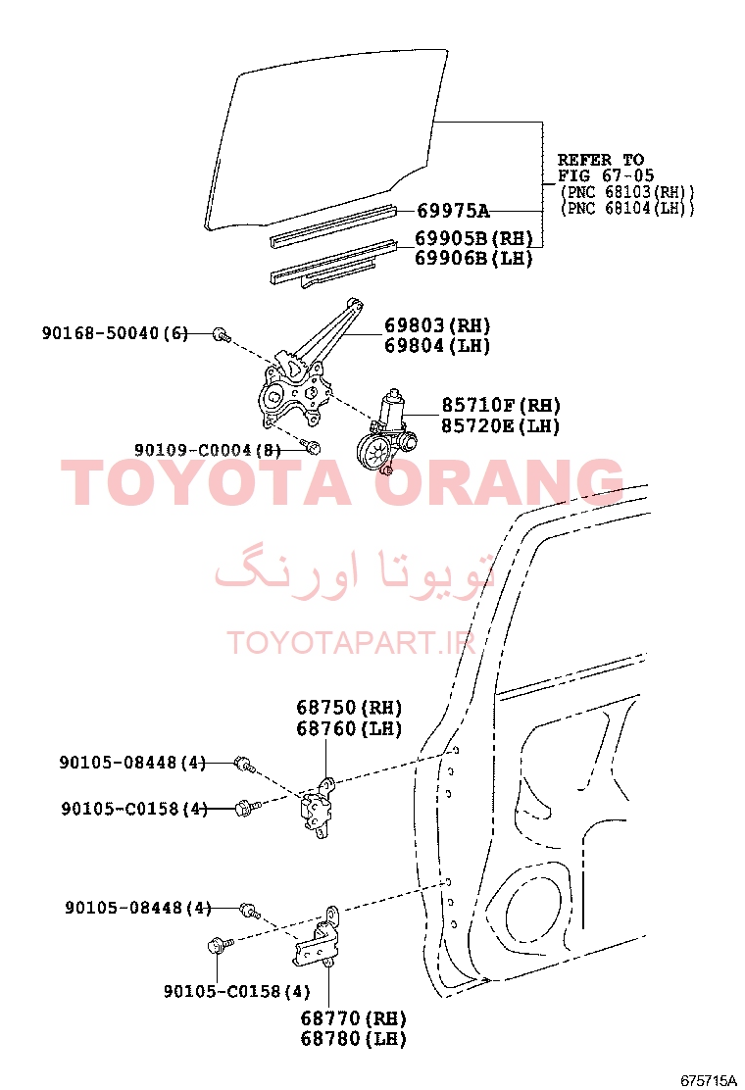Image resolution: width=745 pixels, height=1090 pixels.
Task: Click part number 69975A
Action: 453,210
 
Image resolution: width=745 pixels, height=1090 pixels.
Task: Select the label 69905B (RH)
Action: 474,238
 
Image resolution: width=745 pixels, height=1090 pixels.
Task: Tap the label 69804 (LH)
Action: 437,345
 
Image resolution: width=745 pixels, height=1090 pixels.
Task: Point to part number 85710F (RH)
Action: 501,405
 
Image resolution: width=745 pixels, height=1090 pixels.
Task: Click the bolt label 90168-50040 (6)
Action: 115,333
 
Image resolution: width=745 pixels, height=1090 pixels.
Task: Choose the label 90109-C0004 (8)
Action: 207,450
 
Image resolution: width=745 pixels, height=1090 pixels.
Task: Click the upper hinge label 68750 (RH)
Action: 350,708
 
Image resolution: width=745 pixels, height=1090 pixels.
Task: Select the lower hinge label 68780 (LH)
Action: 353,1039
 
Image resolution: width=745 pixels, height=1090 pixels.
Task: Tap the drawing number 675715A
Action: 708,1080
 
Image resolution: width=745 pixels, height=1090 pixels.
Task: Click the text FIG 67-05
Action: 606,175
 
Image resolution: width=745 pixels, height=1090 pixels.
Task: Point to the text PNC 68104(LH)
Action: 626,208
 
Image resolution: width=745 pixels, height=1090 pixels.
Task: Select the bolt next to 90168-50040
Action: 222,334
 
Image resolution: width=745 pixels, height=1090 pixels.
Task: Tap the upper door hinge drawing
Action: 318,807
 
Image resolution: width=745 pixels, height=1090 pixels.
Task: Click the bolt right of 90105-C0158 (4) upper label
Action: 247,808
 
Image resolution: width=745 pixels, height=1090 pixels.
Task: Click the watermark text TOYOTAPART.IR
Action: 351,643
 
